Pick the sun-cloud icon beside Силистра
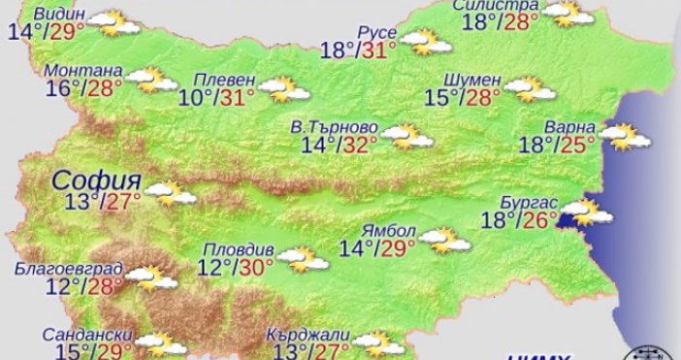[x=568, y=14]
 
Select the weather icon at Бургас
[x=588, y=211]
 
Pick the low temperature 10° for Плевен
[x=196, y=97]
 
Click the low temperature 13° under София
[x=83, y=201]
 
